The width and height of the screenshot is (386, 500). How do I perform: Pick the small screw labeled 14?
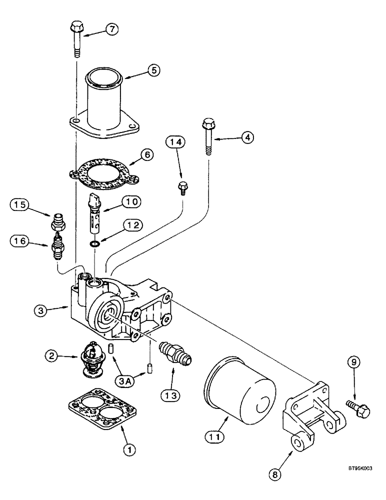183,188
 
